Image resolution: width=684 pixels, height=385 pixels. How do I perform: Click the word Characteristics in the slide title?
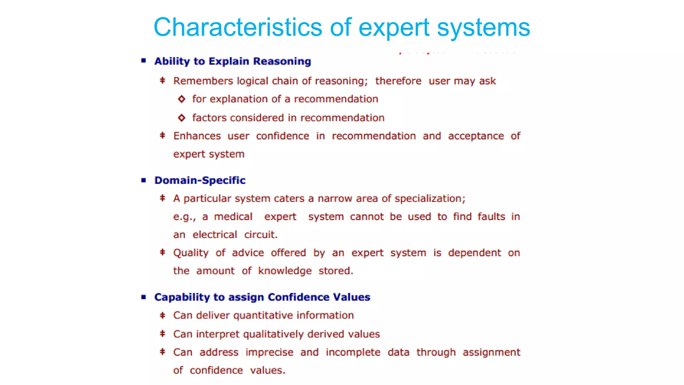(237, 27)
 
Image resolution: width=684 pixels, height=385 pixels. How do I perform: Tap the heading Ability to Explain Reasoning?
(232, 61)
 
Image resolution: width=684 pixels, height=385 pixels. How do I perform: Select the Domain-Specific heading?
(200, 180)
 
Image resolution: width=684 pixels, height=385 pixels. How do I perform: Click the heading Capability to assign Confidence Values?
(262, 297)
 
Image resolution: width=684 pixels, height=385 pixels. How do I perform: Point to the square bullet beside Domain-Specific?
(144, 180)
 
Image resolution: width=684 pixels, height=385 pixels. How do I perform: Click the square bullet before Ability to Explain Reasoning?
(144, 61)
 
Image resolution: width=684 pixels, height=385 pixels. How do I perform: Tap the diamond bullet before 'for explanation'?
(181, 99)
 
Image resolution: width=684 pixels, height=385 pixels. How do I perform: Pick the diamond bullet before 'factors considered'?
(181, 118)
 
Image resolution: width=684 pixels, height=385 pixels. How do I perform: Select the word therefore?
(398, 81)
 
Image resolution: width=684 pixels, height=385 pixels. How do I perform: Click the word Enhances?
(197, 136)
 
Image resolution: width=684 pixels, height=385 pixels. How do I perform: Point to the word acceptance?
(476, 136)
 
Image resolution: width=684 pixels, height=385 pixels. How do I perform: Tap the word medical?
(233, 217)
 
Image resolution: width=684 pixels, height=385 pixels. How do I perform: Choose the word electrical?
(215, 235)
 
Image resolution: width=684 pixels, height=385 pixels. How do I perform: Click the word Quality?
(191, 253)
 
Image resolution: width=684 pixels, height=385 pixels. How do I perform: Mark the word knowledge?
(285, 271)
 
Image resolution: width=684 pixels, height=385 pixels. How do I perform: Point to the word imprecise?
(269, 352)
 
